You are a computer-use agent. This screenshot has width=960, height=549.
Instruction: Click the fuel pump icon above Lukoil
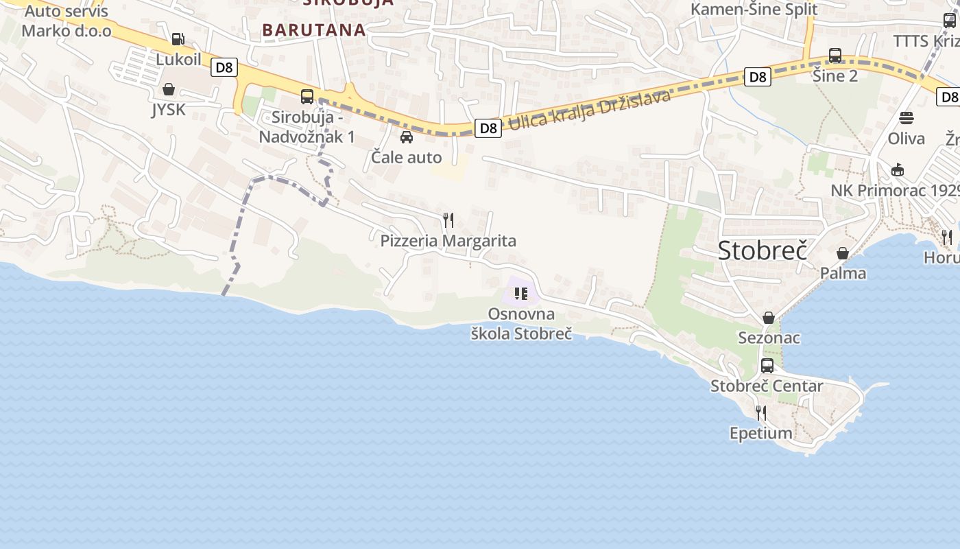click(x=178, y=39)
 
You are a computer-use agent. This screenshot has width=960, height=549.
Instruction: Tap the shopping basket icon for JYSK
click(x=169, y=90)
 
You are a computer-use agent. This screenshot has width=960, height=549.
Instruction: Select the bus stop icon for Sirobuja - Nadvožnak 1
click(x=307, y=97)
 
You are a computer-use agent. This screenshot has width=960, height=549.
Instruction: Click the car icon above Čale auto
click(x=407, y=137)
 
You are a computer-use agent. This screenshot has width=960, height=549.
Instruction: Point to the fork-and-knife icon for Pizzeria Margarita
click(x=448, y=220)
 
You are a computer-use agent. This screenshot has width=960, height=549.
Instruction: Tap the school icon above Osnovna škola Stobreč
click(x=521, y=294)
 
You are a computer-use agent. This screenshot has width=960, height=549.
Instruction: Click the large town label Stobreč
click(x=761, y=250)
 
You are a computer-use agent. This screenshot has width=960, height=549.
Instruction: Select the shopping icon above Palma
click(x=843, y=253)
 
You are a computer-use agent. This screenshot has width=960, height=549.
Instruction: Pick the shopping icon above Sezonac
click(x=769, y=318)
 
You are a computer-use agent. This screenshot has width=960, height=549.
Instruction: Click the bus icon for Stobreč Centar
click(x=767, y=366)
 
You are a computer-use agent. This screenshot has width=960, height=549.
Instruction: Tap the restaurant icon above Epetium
click(x=761, y=412)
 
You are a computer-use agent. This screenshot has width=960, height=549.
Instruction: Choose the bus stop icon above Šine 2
click(x=835, y=56)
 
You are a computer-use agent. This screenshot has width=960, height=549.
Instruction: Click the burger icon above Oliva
click(x=907, y=118)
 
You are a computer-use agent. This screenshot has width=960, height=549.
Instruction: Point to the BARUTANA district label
click(x=314, y=30)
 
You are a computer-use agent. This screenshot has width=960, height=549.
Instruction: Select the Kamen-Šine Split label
click(x=754, y=9)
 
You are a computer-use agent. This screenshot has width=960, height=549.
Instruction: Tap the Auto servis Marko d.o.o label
click(x=67, y=22)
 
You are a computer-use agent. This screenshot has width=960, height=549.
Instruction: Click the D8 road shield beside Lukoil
click(x=224, y=67)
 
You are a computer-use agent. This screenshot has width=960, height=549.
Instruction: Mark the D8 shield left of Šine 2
click(x=758, y=77)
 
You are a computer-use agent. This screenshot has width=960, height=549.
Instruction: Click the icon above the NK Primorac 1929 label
click(x=898, y=170)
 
